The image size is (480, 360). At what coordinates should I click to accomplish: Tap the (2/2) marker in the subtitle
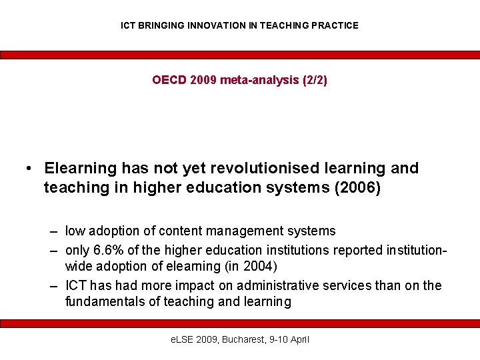(x=315, y=81)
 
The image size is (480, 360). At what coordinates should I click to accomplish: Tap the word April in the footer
(x=297, y=340)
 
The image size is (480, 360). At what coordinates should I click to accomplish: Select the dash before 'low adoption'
(x=53, y=232)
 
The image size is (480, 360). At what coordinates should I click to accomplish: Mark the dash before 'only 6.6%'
(x=53, y=250)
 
